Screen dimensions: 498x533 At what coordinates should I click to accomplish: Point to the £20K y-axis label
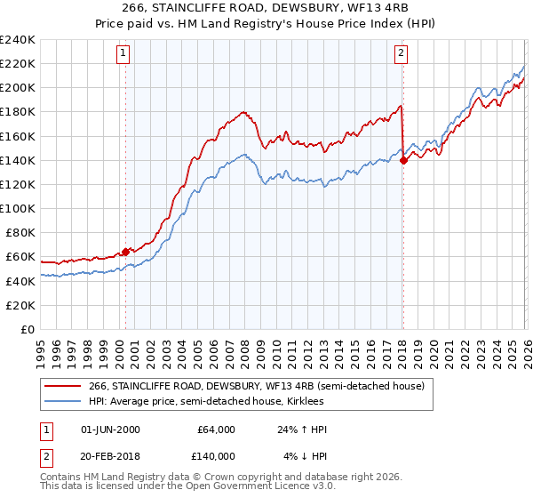(x=20, y=305)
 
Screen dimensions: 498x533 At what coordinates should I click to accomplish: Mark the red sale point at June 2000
(x=125, y=252)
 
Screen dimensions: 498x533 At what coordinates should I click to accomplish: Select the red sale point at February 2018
(x=403, y=160)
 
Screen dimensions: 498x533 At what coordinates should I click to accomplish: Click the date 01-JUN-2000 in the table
(x=110, y=430)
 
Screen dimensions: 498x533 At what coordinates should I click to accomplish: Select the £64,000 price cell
(x=216, y=430)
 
